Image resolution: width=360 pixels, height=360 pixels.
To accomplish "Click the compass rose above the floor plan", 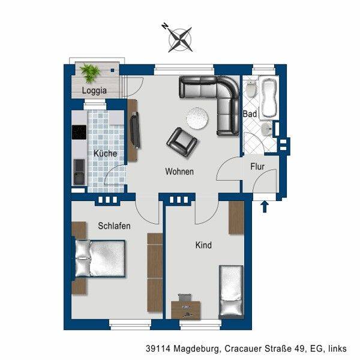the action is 180,39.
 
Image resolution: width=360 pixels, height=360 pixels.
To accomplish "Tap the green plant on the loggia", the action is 90,73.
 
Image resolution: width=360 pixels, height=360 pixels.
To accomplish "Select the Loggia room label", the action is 94,91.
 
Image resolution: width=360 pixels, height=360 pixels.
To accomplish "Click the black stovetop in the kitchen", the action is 79,132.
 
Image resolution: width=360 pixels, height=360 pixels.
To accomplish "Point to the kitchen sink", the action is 79,172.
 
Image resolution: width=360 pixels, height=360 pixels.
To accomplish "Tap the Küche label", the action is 106,154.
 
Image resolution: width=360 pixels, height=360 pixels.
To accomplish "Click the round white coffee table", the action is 197,118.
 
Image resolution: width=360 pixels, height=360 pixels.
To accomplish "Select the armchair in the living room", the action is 182,142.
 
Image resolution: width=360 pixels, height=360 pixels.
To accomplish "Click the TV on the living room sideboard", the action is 135,130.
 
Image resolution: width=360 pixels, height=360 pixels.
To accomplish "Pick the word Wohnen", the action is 179,172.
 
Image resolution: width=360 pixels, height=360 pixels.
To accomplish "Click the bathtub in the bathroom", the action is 269,98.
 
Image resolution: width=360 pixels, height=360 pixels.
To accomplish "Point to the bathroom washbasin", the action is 267,130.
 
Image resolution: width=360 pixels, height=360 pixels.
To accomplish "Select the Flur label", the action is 257,166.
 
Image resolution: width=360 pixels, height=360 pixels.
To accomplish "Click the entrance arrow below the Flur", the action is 265,206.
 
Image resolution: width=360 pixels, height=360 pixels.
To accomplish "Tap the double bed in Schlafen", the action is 100,259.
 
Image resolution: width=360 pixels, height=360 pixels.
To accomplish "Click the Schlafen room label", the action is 115,226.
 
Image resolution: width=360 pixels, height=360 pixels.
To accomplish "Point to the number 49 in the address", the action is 302,349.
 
